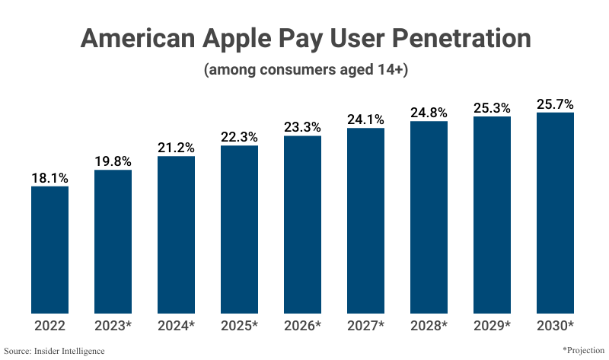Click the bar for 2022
(x=49, y=249)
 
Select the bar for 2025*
(x=240, y=228)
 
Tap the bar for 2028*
(x=429, y=217)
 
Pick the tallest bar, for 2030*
(x=555, y=212)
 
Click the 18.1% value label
(x=49, y=178)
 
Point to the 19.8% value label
(x=113, y=161)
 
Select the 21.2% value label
(x=176, y=148)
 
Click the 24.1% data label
(x=365, y=119)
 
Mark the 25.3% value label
(x=492, y=108)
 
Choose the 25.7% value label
(x=555, y=104)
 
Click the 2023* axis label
(x=113, y=326)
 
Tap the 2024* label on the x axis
(x=176, y=326)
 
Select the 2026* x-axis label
(x=302, y=326)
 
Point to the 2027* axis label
(x=365, y=326)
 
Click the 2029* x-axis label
(x=492, y=326)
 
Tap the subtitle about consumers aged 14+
(x=304, y=70)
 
